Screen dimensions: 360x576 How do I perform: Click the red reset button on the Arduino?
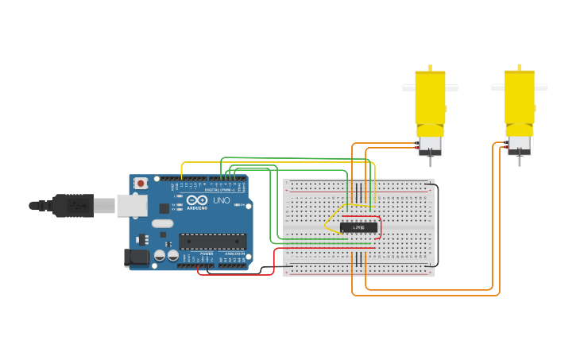coord(141,184)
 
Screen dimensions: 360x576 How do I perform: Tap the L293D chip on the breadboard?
coord(358,227)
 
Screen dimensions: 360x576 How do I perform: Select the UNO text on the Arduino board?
coord(221,200)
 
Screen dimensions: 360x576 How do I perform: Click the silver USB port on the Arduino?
coord(131,205)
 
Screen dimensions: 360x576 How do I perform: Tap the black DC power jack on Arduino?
coord(137,257)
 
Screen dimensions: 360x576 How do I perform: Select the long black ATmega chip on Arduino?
coord(212,242)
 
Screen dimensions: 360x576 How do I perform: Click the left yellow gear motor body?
coord(430,99)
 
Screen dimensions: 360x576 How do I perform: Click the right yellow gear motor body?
coord(519,99)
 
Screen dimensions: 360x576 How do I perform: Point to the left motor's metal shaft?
coord(430,161)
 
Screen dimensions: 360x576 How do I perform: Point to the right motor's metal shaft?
coord(519,161)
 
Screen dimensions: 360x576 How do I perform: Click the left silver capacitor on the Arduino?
coord(160,255)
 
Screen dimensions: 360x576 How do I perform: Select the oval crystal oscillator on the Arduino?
coord(162,223)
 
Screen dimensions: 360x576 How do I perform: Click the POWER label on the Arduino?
coord(207,254)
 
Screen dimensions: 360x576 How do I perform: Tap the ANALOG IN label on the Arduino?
coord(234,254)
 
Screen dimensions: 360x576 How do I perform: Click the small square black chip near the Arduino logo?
coord(164,207)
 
